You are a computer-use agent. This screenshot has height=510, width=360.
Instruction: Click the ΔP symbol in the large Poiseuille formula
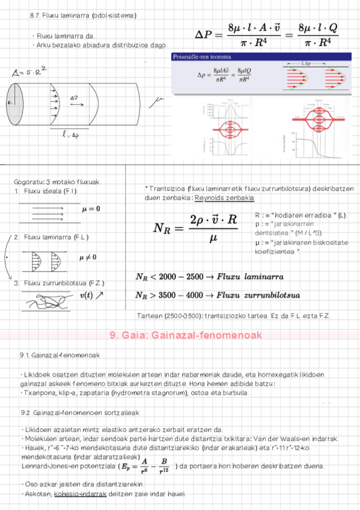click(206, 35)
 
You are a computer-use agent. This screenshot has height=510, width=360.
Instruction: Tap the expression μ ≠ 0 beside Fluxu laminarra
click(88, 257)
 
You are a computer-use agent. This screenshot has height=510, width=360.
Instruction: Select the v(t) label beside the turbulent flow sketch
click(91, 295)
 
